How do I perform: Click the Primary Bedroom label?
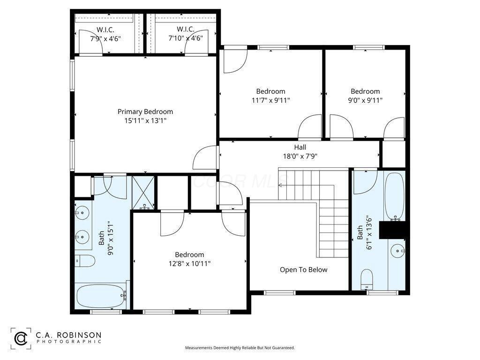[x=145, y=112]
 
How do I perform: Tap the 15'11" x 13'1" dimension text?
[x=145, y=120]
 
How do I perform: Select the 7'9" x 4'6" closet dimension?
[x=105, y=38]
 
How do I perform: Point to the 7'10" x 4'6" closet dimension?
[x=186, y=38]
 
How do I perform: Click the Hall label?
[x=300, y=147]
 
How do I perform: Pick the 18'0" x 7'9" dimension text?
[x=300, y=156]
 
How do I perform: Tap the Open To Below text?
[x=303, y=270]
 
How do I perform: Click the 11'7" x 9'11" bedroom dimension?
[x=270, y=100]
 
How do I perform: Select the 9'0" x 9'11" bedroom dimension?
[x=365, y=100]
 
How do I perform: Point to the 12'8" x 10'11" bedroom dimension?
[x=189, y=263]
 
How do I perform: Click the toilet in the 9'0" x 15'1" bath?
[x=85, y=261]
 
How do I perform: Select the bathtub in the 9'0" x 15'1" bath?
[x=102, y=296]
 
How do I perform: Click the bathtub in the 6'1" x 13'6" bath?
[x=395, y=196]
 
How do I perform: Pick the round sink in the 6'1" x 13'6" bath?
[x=398, y=251]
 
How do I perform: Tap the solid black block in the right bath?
[x=392, y=230]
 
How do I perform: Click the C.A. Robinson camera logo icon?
[x=21, y=338]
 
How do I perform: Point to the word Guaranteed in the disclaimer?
[x=284, y=348]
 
